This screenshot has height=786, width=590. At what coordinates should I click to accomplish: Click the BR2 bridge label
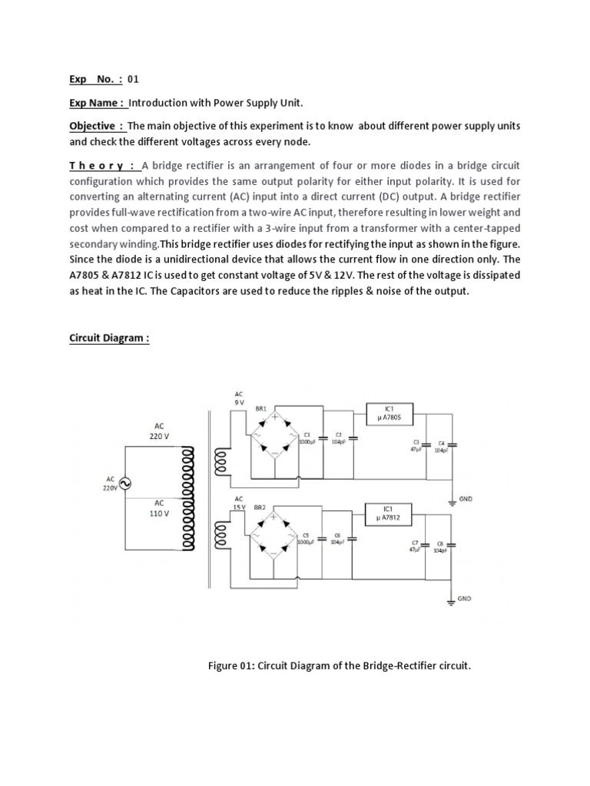pyautogui.click(x=260, y=508)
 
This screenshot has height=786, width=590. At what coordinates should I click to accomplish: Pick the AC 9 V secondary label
pyautogui.click(x=239, y=398)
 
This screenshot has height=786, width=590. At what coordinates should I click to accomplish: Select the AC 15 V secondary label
pyautogui.click(x=239, y=503)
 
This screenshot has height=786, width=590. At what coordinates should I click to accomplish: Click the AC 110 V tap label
pyautogui.click(x=159, y=509)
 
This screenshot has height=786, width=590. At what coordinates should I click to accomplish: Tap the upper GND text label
pyautogui.click(x=466, y=498)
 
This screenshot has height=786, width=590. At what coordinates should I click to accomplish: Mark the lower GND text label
pyautogui.click(x=465, y=597)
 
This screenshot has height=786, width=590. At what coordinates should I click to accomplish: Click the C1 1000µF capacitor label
pyautogui.click(x=307, y=438)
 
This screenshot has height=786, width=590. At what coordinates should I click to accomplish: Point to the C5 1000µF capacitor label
pyautogui.click(x=306, y=537)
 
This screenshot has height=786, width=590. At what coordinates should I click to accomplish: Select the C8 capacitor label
pyautogui.click(x=441, y=547)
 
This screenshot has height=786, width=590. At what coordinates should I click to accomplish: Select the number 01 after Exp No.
pyautogui.click(x=133, y=79)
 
